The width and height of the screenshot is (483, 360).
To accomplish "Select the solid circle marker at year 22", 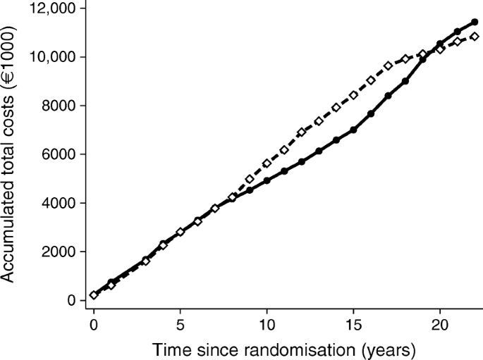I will coord(475,22).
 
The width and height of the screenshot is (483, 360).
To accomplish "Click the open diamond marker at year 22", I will coord(475,37).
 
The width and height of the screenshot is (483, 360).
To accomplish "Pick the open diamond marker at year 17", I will coord(388,66).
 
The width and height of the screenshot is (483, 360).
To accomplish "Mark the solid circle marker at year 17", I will coord(388,96).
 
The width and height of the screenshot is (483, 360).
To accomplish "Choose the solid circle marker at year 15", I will coord(353,130).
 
